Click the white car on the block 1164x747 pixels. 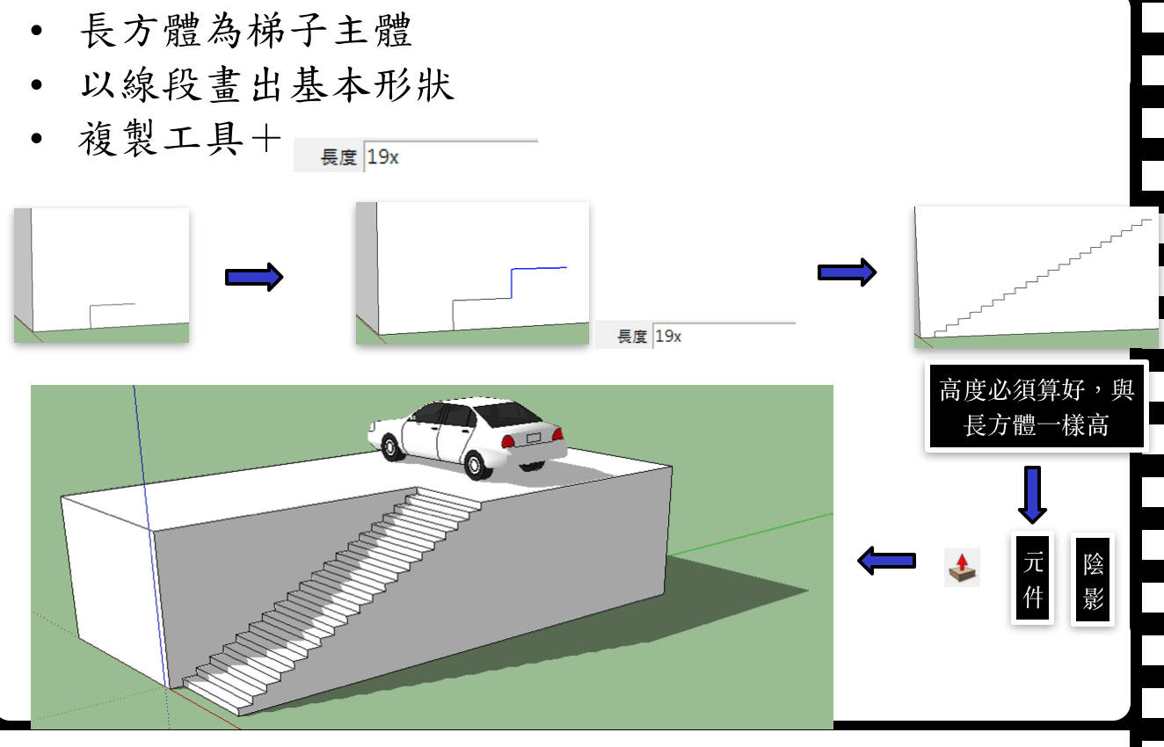pyautogui.click(x=466, y=435)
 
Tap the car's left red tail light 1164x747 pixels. pyautogui.click(x=507, y=441)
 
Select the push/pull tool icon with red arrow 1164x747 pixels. pyautogui.click(x=963, y=568)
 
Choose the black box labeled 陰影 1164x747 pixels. pyautogui.click(x=1093, y=580)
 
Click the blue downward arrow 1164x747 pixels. pyautogui.click(x=1032, y=495)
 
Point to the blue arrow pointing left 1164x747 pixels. pyautogui.click(x=887, y=560)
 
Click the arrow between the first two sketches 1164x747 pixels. pyautogui.click(x=254, y=277)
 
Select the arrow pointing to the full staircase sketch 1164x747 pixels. pyautogui.click(x=847, y=272)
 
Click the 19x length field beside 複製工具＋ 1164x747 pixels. pyautogui.click(x=449, y=156)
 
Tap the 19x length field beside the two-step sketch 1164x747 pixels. pyautogui.click(x=723, y=336)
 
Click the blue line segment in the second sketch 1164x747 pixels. pyautogui.click(x=538, y=268)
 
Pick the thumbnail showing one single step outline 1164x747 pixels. pyautogui.click(x=101, y=275)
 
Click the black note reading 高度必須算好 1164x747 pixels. pyautogui.click(x=1037, y=407)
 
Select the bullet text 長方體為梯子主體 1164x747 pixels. pyautogui.click(x=246, y=33)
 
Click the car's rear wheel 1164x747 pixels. pyautogui.click(x=477, y=462)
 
